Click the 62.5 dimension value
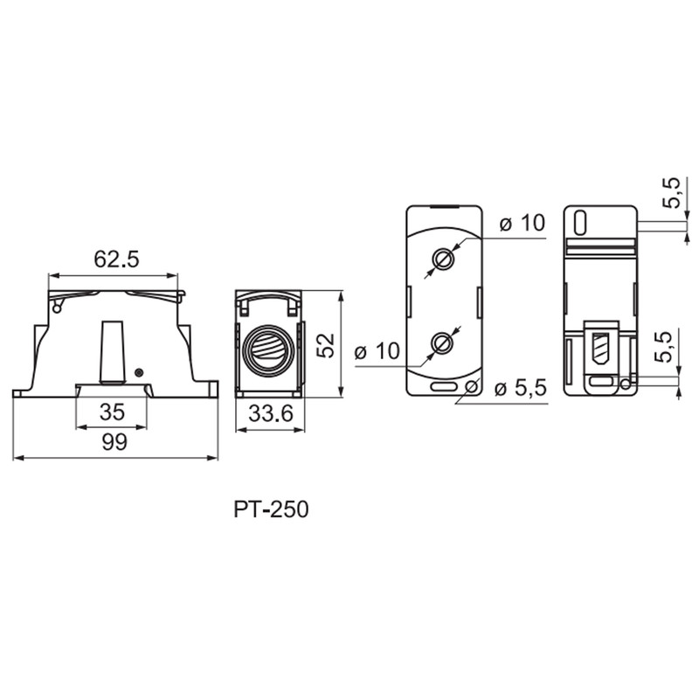point(116,260)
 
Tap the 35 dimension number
point(112,412)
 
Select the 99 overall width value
point(114,442)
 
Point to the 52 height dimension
point(326,345)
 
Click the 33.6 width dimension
point(271,413)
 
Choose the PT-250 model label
point(271,509)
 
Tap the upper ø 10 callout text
point(522,223)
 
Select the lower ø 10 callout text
point(377,351)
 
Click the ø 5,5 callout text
point(520,389)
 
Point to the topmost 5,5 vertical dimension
point(672,192)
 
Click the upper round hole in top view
point(444,259)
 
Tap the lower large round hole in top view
point(444,343)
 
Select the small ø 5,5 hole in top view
point(471,386)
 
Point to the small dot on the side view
point(139,372)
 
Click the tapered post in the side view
point(111,351)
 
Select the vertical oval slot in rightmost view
point(580,223)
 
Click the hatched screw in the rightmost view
point(600,349)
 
